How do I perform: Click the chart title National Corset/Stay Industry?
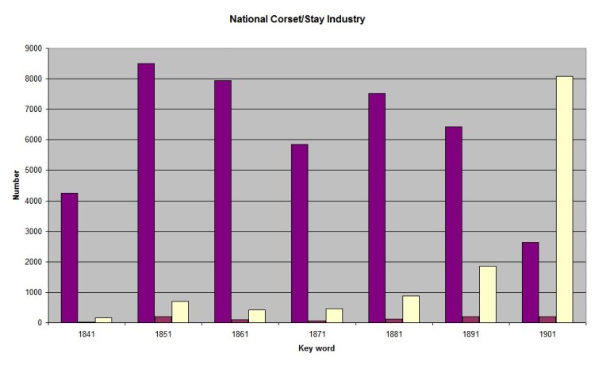(297, 18)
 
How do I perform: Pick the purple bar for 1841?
(69, 258)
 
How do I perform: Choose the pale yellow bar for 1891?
(487, 294)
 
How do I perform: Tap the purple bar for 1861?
(223, 202)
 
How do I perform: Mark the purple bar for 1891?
(453, 225)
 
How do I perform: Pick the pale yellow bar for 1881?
(411, 309)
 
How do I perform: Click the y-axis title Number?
(16, 185)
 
